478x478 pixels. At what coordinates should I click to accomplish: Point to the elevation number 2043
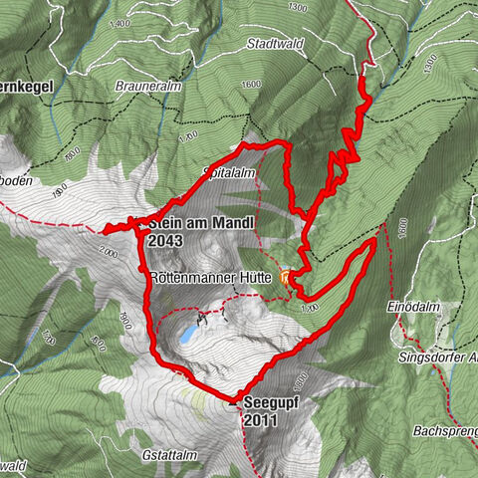click(165, 240)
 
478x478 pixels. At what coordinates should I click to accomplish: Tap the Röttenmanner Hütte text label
click(206, 275)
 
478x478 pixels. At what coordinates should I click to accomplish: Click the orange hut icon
click(289, 278)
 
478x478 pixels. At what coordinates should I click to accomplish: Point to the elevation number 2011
click(261, 421)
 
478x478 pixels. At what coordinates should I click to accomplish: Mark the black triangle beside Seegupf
click(233, 403)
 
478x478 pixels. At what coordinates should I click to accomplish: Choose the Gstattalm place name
click(174, 454)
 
